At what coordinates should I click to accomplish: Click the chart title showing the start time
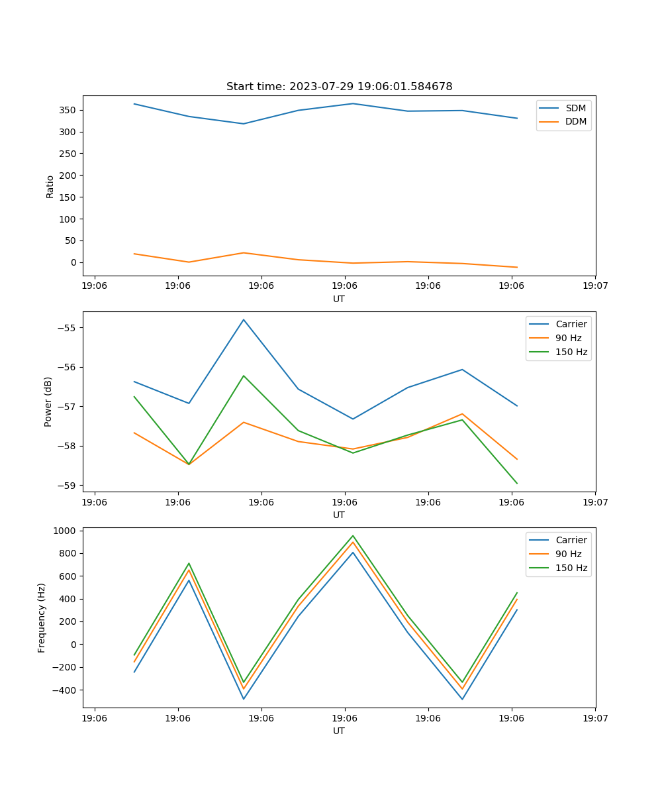coord(339,87)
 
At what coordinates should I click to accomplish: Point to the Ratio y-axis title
coord(50,186)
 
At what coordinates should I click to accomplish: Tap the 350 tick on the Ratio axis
coord(68,110)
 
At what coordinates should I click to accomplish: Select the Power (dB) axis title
coord(48,401)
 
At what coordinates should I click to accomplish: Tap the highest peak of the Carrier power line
coord(244,320)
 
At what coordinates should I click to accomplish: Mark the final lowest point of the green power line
coord(517,484)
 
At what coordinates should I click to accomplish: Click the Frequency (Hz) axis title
coord(42,617)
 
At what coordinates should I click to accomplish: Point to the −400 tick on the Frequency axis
coord(65,690)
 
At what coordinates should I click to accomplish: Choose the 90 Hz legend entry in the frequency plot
coord(568,554)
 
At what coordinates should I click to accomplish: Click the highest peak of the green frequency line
coord(353,536)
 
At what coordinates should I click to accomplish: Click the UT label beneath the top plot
coord(339,299)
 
